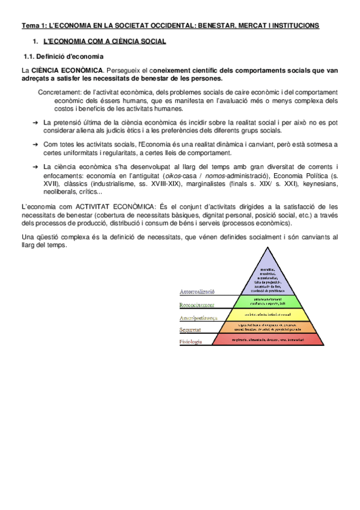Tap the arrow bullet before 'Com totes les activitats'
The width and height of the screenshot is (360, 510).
35,144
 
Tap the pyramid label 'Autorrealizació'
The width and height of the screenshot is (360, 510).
197,292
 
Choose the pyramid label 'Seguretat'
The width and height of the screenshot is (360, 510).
191,330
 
